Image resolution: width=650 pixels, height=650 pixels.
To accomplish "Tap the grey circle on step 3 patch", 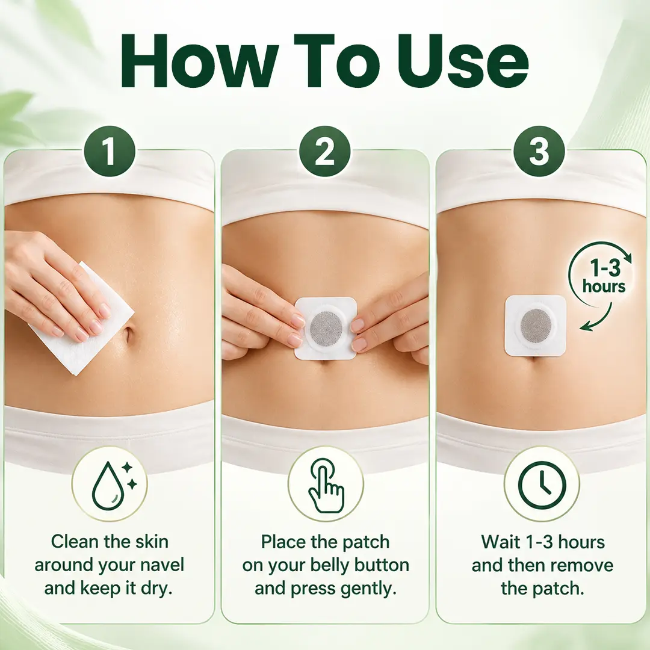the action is pyautogui.click(x=536, y=326).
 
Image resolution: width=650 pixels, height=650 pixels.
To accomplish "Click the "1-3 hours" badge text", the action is pyautogui.click(x=604, y=276).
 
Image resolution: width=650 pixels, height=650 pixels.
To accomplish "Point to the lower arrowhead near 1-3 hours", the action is pyautogui.click(x=586, y=327).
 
